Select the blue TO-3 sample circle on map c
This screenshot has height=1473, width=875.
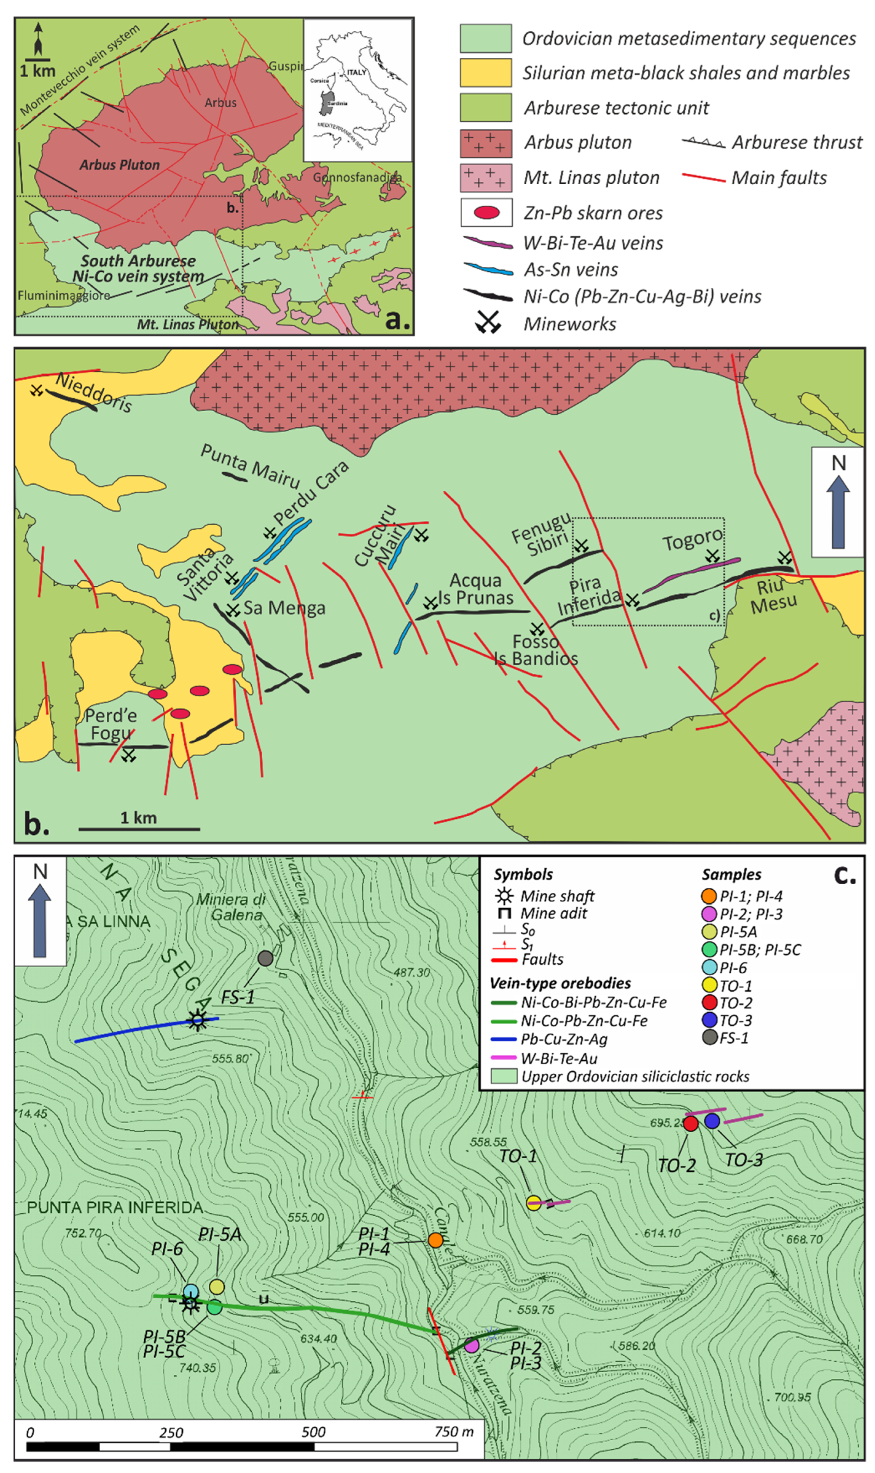(712, 1121)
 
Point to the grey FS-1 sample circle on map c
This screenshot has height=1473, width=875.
(265, 959)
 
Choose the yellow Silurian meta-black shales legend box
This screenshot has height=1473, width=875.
(486, 73)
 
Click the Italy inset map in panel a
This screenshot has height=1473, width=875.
(358, 90)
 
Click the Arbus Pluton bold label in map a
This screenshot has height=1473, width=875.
(120, 165)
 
